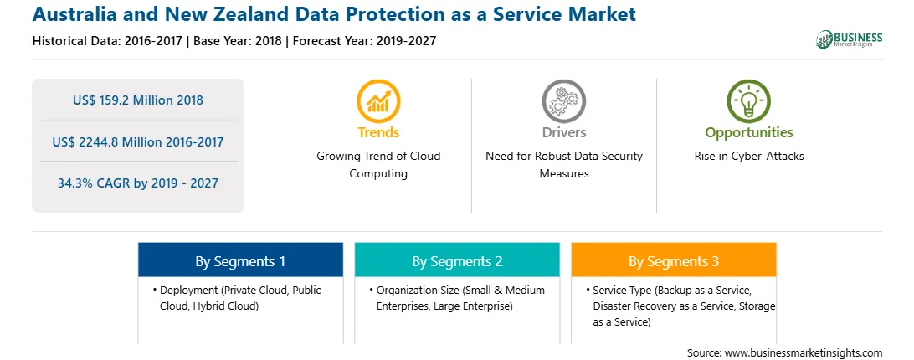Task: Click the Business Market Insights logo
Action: point(849,39)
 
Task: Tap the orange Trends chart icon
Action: point(378,101)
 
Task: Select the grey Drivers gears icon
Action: point(563,101)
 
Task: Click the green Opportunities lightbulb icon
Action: point(748,101)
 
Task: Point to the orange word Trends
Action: point(378,132)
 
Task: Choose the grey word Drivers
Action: point(563,132)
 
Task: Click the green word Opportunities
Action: point(749,132)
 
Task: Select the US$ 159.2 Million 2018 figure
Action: point(138,100)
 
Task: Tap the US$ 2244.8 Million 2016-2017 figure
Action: point(137,141)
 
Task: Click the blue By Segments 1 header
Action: point(240,260)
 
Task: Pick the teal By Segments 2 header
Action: point(457,260)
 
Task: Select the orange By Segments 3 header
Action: point(673,260)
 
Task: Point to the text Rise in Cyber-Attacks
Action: point(748,157)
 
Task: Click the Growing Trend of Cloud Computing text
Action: point(378,165)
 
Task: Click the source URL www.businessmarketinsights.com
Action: point(804,353)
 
